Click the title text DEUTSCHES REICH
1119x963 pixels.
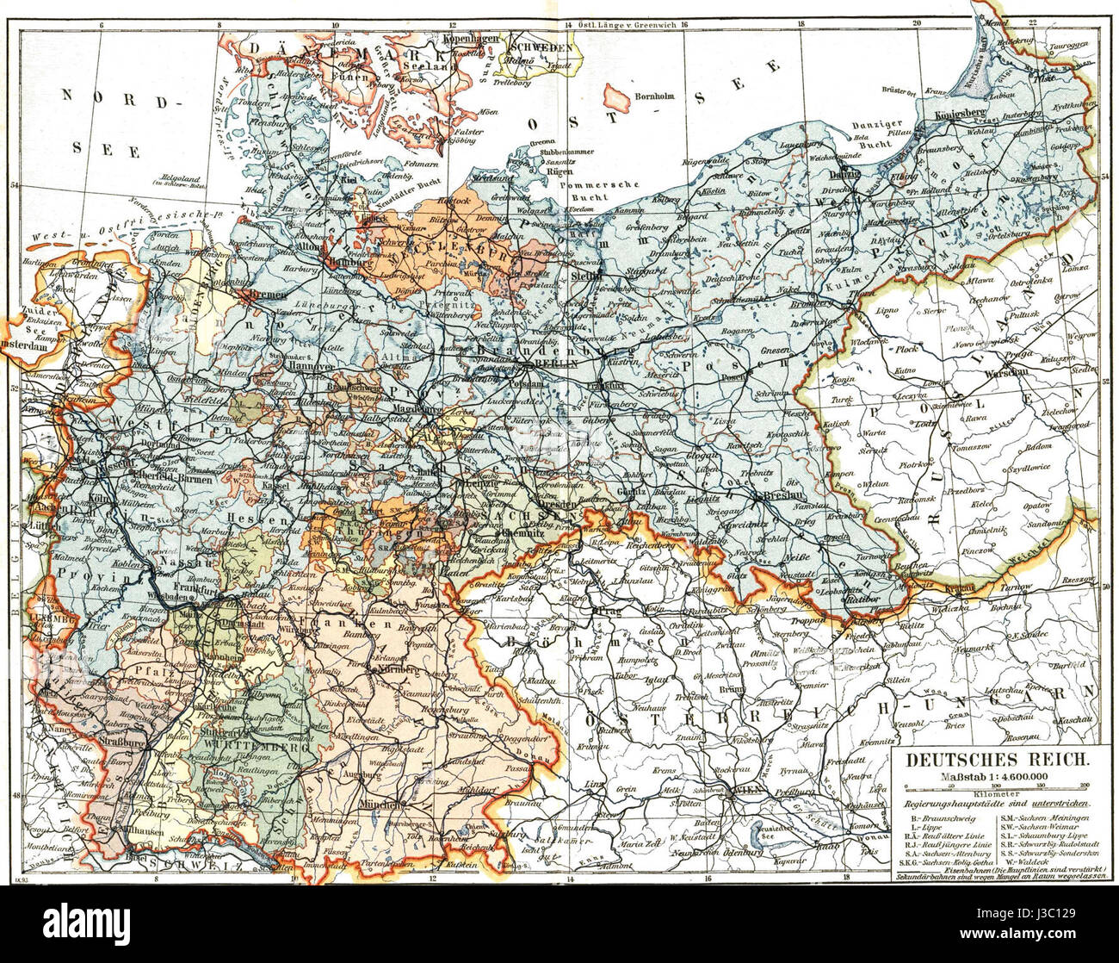point(990,761)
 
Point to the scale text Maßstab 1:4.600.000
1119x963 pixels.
point(990,778)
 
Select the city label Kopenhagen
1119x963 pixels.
point(473,39)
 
